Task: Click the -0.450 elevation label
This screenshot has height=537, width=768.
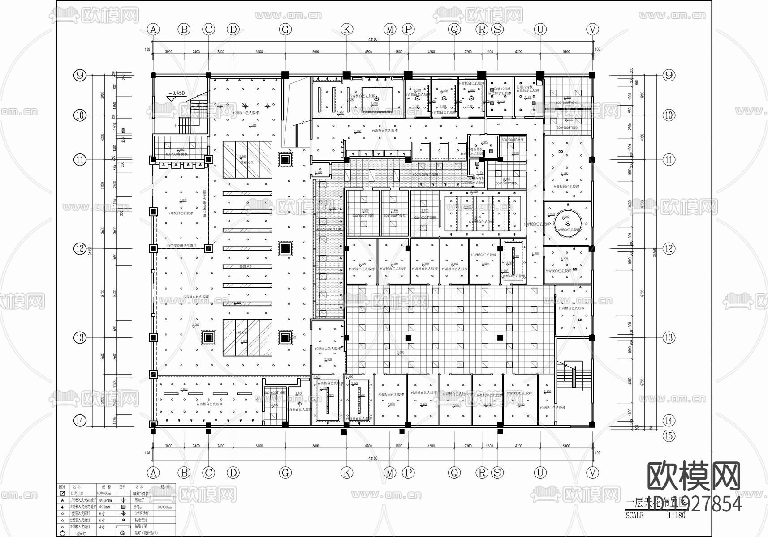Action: click(x=177, y=94)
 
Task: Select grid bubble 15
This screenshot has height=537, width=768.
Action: click(x=669, y=435)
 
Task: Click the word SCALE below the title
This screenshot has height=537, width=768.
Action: click(x=634, y=516)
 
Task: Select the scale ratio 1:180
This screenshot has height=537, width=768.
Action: click(x=676, y=516)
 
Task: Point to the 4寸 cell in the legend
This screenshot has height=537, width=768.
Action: click(x=102, y=527)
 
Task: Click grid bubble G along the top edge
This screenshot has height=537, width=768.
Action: click(x=285, y=30)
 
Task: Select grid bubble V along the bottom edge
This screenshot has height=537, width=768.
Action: click(x=592, y=473)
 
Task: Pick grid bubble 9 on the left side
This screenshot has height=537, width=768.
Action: click(x=80, y=75)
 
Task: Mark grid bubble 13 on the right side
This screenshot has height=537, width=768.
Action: click(x=669, y=337)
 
